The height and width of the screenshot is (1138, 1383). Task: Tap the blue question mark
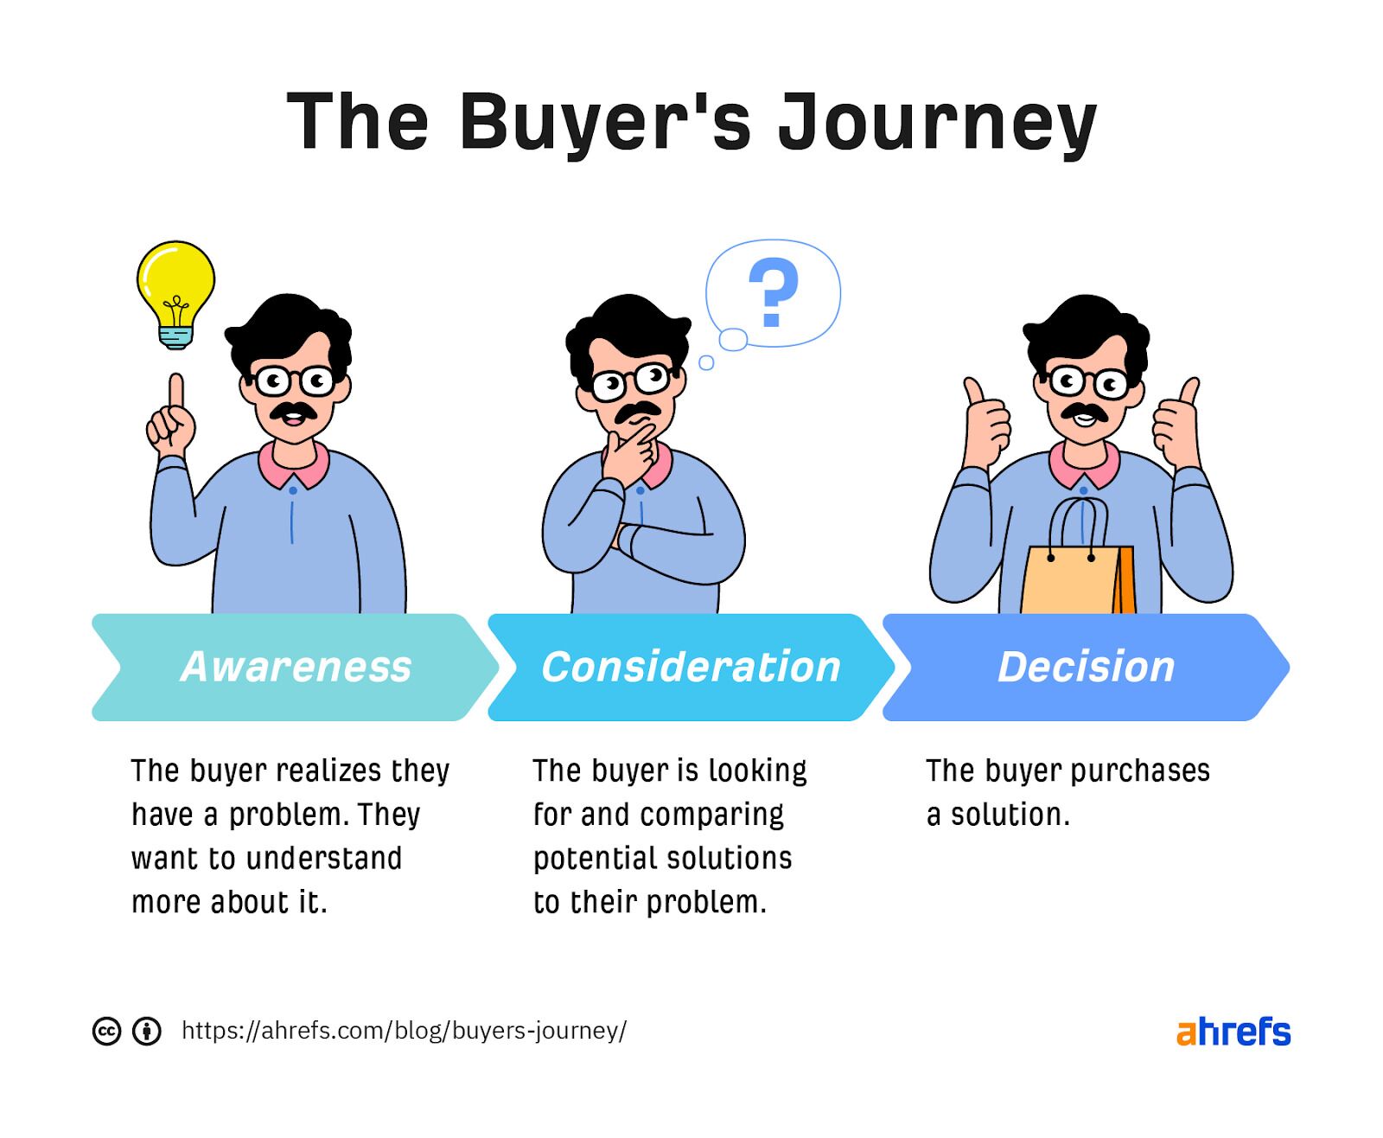pos(772,292)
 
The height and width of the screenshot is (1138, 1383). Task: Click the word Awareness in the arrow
pos(296,667)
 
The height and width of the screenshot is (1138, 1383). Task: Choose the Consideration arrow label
pos(691,667)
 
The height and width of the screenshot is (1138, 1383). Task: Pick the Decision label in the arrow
pos(1086,667)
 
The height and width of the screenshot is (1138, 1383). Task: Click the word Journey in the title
pos(937,123)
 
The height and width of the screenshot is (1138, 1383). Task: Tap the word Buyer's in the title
pos(605,123)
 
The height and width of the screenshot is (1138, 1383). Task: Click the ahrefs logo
pos(1233,1032)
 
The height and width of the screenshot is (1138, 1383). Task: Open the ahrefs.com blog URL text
pos(404,1031)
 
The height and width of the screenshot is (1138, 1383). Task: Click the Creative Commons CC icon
pos(106,1031)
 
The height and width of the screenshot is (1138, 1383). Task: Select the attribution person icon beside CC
pos(147,1031)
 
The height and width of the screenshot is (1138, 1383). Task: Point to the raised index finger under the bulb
pos(175,393)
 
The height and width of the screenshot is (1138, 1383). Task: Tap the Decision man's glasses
pos(1088,381)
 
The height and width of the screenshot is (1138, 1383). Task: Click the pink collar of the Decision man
pos(1084,468)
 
